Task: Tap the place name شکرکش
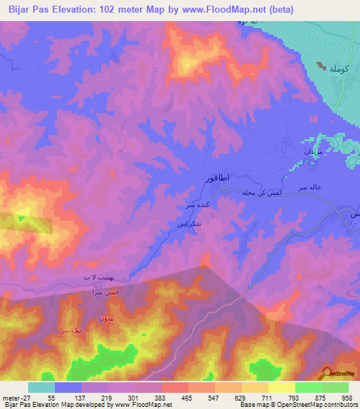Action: point(181,224)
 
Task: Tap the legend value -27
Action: point(15,397)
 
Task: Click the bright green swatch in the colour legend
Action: point(308,387)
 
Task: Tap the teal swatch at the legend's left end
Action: point(41,387)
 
